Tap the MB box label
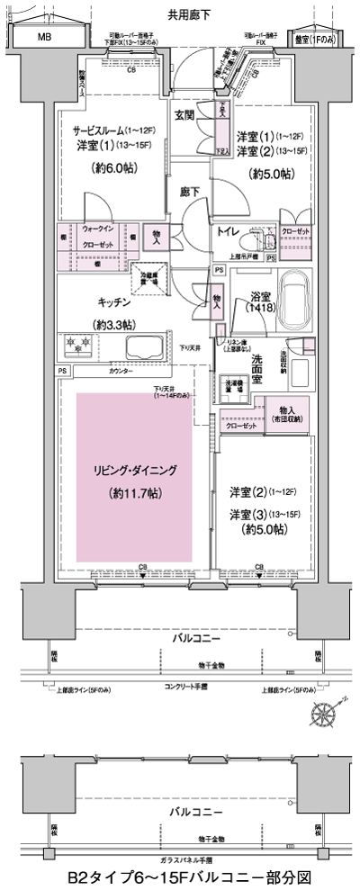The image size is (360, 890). (x=44, y=37)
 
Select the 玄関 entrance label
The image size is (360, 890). (x=184, y=115)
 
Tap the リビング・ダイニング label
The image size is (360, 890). (x=134, y=471)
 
